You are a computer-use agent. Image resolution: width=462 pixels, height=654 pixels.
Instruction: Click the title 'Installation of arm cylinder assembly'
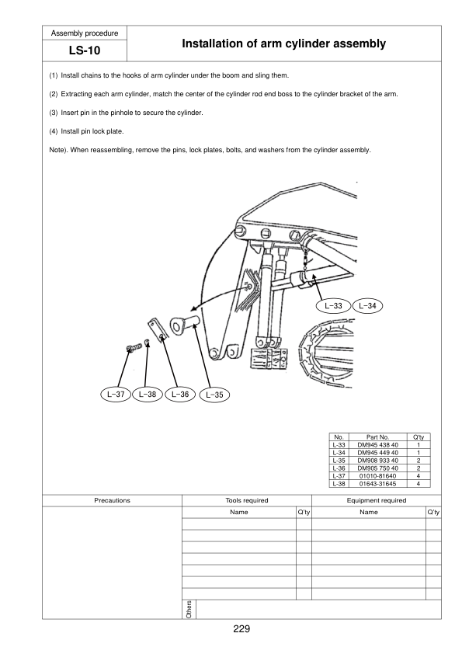[283, 44]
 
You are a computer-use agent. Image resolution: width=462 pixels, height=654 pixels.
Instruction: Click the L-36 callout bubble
[180, 394]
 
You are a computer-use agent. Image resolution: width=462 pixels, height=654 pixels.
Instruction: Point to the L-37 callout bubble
[115, 394]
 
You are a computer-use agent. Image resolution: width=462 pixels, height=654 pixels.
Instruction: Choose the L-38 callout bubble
[148, 394]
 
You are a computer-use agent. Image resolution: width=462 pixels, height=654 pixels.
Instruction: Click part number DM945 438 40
[377, 445]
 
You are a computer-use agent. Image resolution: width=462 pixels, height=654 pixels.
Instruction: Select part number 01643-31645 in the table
[377, 483]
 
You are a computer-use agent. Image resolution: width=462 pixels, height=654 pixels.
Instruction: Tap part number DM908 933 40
[377, 461]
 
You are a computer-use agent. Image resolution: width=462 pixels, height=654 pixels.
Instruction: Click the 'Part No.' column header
[377, 437]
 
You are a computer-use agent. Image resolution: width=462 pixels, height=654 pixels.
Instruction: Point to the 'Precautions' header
[112, 500]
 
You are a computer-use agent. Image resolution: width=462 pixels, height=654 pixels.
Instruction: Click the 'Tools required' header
[246, 500]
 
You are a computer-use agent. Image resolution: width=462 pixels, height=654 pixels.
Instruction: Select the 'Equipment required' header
[377, 500]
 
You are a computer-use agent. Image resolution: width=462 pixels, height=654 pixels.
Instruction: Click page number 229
[241, 628]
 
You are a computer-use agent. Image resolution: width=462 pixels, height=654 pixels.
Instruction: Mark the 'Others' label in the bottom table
[189, 609]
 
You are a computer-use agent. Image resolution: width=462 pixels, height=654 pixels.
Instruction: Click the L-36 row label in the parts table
[339, 468]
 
